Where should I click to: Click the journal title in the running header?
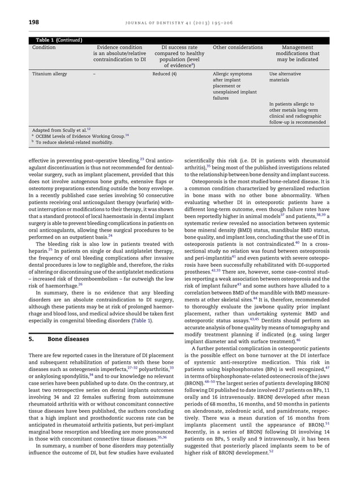[208, 22]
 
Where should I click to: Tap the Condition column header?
[44, 48]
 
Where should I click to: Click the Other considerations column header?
[238, 48]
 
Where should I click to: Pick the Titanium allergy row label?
[49, 74]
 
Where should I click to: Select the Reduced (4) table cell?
[165, 74]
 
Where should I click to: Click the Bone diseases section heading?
[71, 339]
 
